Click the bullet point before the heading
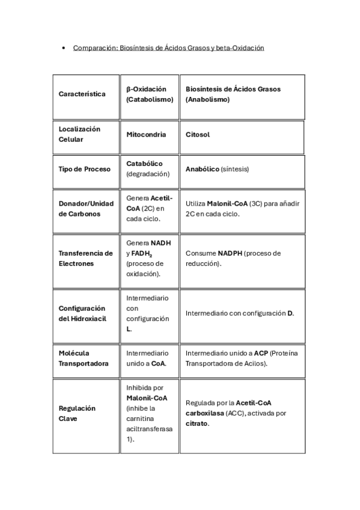(64, 48)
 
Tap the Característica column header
(82, 94)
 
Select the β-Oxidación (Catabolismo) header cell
(150, 94)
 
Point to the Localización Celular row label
(80, 134)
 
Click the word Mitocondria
(146, 134)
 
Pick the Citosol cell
(198, 134)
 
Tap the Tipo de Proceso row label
(85, 169)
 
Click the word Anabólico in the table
(202, 169)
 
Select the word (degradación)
(148, 174)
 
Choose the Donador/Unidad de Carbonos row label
(86, 208)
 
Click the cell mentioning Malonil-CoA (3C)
(242, 208)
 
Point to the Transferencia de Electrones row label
(85, 258)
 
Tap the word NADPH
(231, 253)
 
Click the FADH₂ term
(142, 254)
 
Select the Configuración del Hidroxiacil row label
(82, 313)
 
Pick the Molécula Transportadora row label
(83, 358)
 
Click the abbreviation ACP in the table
(260, 353)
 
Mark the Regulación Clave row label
(77, 413)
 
